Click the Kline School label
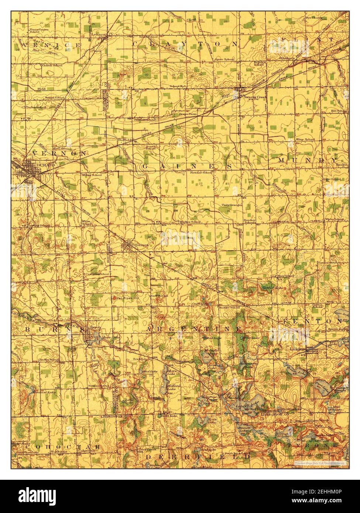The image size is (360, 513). pos(305,140)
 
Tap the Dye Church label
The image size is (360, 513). pos(314,17)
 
